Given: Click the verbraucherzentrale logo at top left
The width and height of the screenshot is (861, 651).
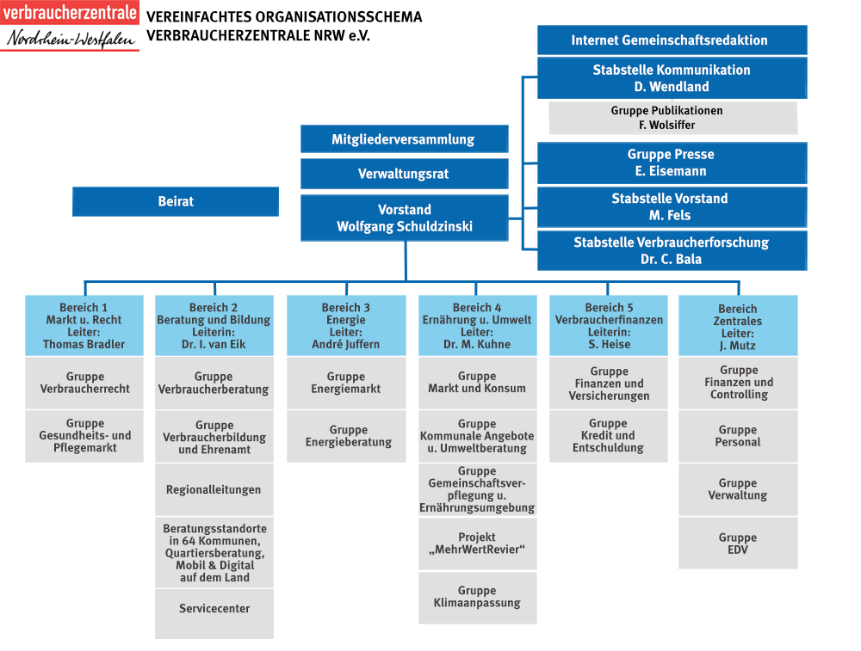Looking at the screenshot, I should [x=70, y=27].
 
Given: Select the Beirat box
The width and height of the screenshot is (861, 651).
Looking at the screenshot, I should [x=176, y=202].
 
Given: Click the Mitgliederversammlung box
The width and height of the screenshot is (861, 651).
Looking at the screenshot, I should [x=404, y=139].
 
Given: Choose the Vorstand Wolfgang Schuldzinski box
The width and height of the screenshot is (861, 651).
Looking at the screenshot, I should [x=404, y=218].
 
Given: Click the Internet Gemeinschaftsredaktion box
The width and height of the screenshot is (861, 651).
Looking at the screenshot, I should [x=672, y=40].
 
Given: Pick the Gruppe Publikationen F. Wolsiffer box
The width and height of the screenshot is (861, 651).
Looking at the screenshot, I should [x=666, y=118].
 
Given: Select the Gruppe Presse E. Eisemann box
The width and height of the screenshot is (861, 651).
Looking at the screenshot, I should [x=672, y=163].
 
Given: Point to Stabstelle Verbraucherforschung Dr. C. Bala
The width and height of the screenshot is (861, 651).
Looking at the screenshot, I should [x=672, y=251].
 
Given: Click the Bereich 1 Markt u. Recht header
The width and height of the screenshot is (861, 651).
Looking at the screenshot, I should [x=84, y=326].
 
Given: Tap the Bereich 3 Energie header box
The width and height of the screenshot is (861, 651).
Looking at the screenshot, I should [x=346, y=326].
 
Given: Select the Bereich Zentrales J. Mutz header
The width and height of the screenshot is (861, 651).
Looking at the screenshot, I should [x=738, y=326].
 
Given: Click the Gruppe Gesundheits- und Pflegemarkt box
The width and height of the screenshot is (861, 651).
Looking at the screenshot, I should [x=84, y=436].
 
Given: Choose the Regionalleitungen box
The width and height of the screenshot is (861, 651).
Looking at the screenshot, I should [x=214, y=490].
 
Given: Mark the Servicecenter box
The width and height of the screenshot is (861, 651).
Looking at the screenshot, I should [x=214, y=609].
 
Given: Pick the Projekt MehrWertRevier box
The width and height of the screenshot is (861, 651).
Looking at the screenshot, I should [x=477, y=544].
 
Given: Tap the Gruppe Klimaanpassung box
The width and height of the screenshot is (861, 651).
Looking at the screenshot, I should [x=477, y=597].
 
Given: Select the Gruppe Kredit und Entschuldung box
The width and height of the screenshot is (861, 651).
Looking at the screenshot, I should [x=608, y=436].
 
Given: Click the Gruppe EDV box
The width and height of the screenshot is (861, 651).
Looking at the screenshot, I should [x=738, y=544].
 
